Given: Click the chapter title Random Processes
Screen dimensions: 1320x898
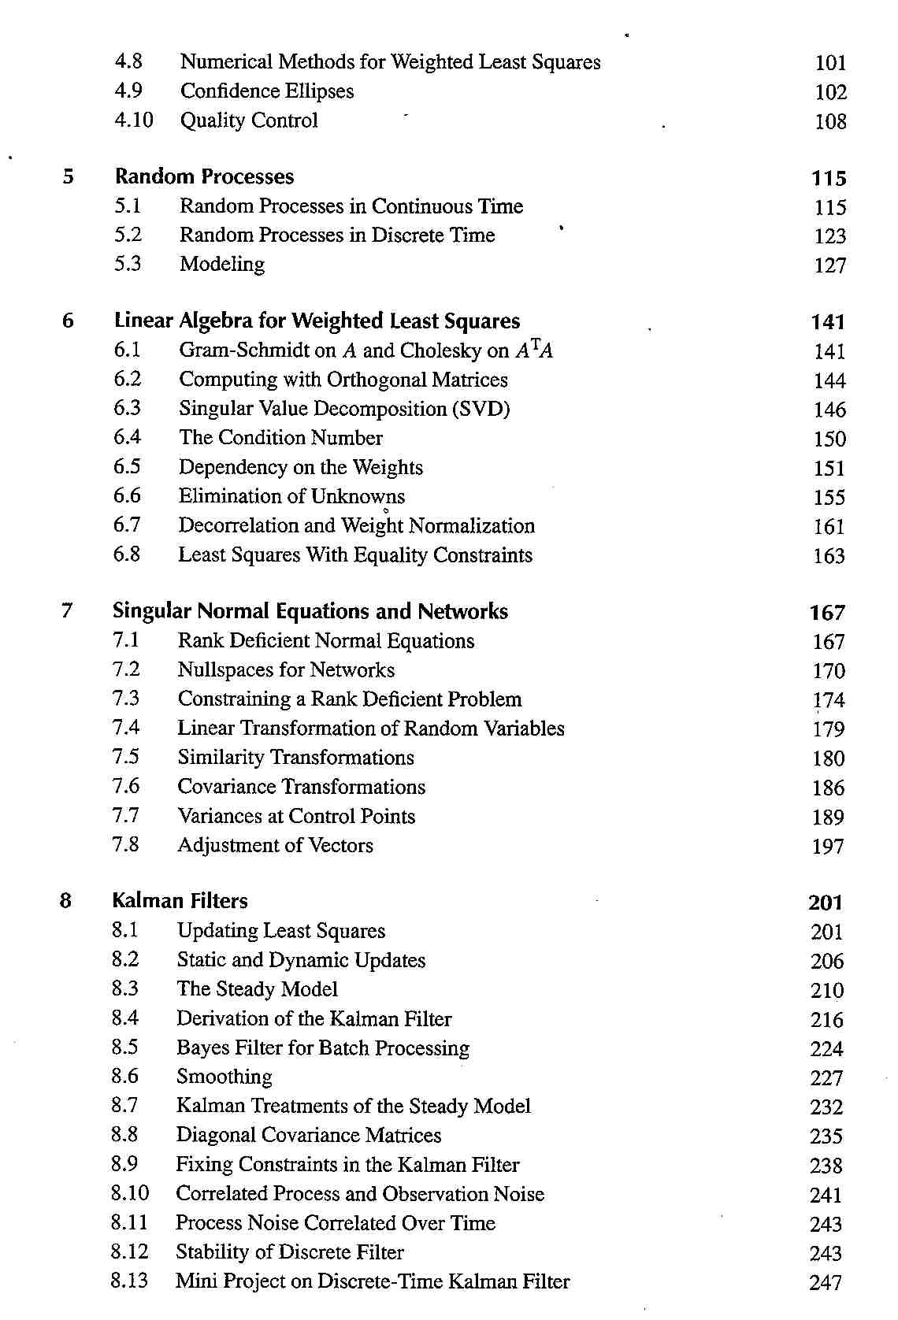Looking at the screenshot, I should coord(204,176).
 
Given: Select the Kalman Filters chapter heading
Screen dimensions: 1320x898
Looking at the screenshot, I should coord(180,900).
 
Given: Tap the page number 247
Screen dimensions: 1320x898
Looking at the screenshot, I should coord(826,1282).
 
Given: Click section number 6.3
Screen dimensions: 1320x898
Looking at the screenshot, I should coord(127,408).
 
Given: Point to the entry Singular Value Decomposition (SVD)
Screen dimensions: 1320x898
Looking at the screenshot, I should coord(344,409).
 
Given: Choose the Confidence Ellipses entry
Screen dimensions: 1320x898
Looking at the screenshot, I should coord(267,91).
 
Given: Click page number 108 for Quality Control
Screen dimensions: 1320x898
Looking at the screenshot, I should coord(830,121).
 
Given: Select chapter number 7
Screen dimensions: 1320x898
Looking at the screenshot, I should coord(67,610).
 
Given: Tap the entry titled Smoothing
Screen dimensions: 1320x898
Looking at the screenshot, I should coord(224,1077).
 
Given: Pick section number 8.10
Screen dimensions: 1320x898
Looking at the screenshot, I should coord(130,1193).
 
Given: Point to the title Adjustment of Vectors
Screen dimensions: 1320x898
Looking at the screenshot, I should coord(275,845).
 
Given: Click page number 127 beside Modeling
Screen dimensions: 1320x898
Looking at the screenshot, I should coord(829,265).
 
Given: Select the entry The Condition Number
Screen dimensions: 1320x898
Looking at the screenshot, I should coord(280,438).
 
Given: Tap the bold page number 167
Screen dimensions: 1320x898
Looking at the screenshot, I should coord(827,613).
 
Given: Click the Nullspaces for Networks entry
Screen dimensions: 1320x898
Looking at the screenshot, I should coord(286,670).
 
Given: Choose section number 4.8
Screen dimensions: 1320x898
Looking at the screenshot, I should coord(128,61).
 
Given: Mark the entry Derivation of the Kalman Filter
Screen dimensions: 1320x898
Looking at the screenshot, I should coord(314,1018).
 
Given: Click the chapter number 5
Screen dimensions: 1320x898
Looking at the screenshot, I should coord(69,176).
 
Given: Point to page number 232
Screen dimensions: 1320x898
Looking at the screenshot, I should coord(826,1107).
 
